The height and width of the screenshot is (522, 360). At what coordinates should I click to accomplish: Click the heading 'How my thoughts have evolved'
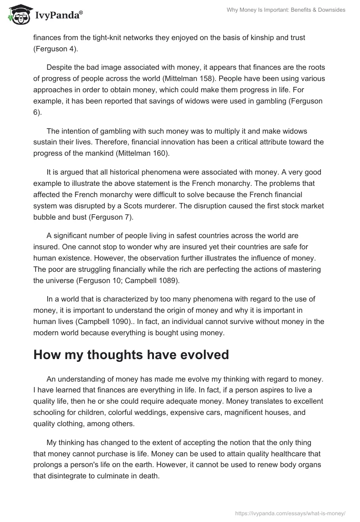[x=131, y=355]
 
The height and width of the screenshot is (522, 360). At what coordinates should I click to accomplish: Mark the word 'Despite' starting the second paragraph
[x=60, y=67]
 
